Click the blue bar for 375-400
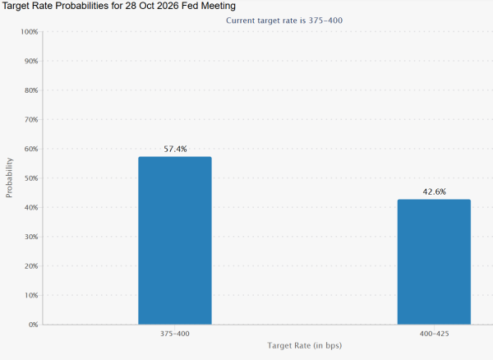[x=175, y=241]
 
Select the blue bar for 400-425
[x=434, y=262]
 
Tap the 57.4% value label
[x=175, y=149]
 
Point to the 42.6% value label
[x=434, y=192]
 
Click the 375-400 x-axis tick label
[x=175, y=334]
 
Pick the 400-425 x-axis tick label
[x=434, y=334]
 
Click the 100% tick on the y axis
[x=30, y=32]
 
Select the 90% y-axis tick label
[x=31, y=61]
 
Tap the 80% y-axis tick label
[x=31, y=90]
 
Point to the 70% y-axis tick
[x=31, y=120]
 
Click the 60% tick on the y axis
[x=31, y=149]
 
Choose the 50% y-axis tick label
[x=31, y=178]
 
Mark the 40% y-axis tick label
[x=31, y=207]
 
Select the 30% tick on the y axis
[x=31, y=237]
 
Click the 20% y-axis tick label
[x=31, y=266]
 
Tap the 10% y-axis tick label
[x=31, y=295]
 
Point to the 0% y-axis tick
[x=33, y=325]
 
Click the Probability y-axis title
[x=9, y=178]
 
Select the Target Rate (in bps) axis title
[x=304, y=345]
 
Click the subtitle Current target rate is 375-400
[x=284, y=21]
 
